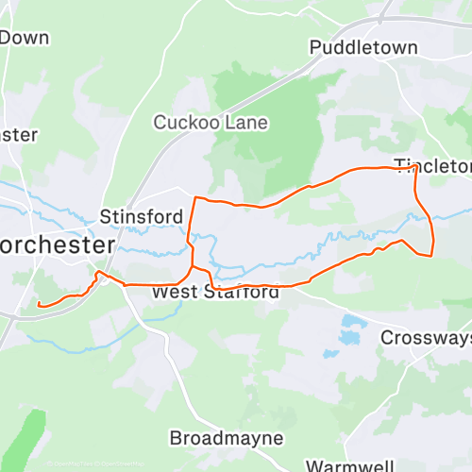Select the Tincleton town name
pos(432,167)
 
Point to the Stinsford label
pos(142,217)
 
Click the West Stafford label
pos(216,293)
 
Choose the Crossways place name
pos(426,337)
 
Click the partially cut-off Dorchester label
pos(57,244)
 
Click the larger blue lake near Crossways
pos(352,330)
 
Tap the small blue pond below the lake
pos(330,354)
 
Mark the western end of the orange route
pos(39,304)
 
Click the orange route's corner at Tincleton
pos(413,168)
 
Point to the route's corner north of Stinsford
pos(195,198)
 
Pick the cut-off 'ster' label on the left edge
pos(18,134)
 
